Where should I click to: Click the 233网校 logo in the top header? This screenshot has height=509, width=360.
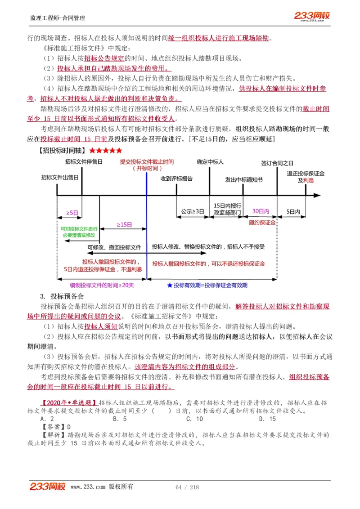pos(312,16)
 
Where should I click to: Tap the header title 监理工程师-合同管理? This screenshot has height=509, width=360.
pos(57,18)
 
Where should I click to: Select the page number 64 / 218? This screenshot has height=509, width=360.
pos(187,487)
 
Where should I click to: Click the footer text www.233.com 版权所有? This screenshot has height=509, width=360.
pos(102,487)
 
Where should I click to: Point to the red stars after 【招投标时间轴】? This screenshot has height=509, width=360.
pos(106,150)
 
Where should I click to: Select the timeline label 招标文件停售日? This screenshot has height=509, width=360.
pos(84,161)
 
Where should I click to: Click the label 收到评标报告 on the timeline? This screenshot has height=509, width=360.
pos(177,179)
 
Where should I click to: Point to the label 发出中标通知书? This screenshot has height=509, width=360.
pos(244,179)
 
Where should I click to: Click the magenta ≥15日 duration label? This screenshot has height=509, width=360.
pos(124,224)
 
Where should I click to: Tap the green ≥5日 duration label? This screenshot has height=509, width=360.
pos(72,212)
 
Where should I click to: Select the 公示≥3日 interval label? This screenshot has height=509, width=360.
pos(193,211)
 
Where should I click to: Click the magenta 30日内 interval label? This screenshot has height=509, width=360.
pos(261,211)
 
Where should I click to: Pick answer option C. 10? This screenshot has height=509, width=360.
pos(194,419)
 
